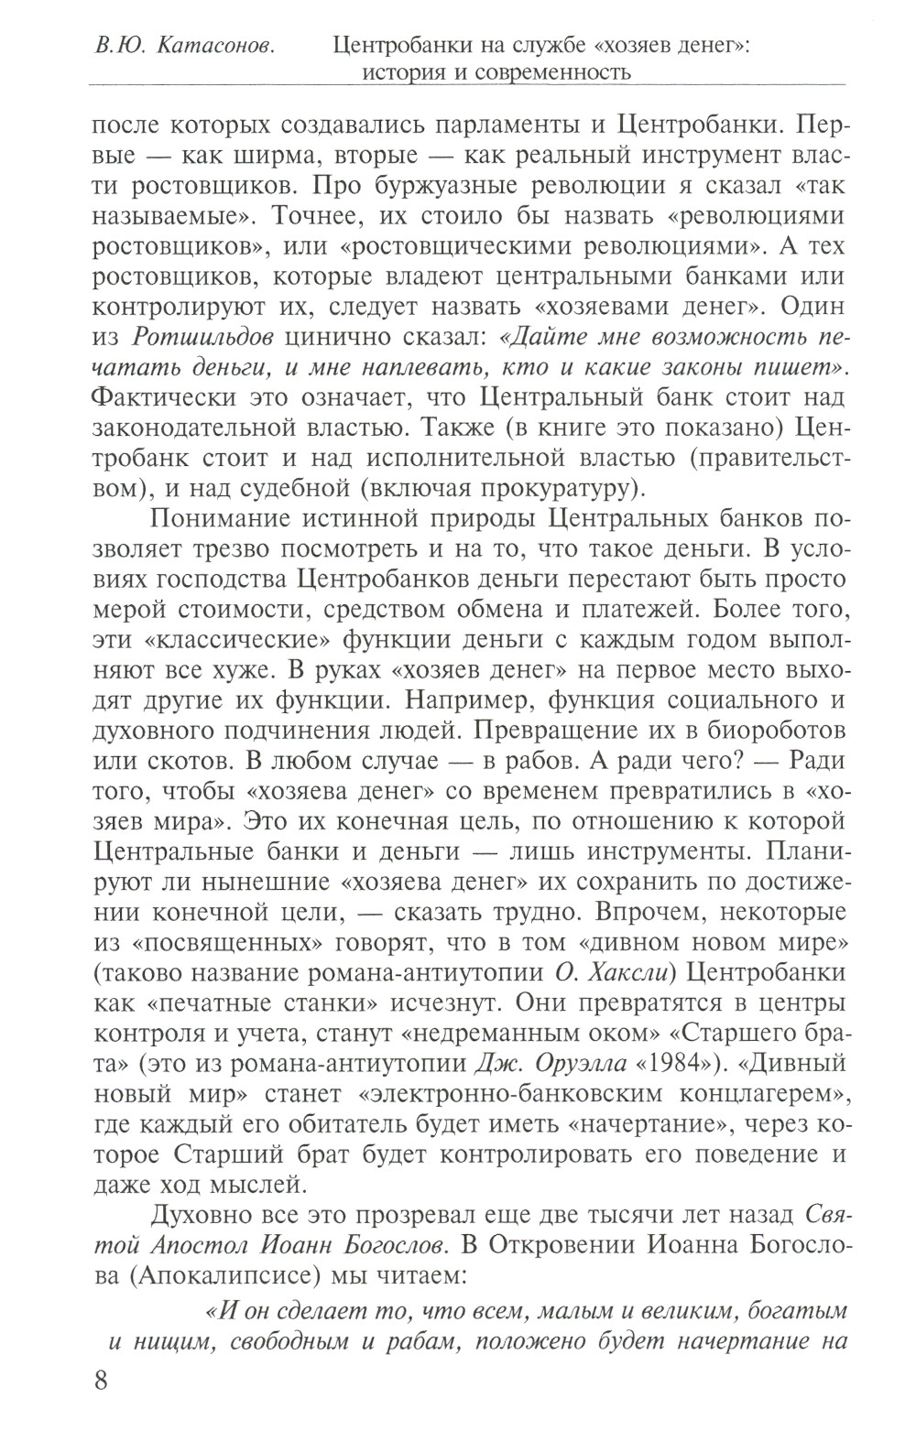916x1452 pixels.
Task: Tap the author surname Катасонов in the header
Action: tap(220, 44)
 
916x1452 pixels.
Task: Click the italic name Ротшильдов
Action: tap(203, 336)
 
